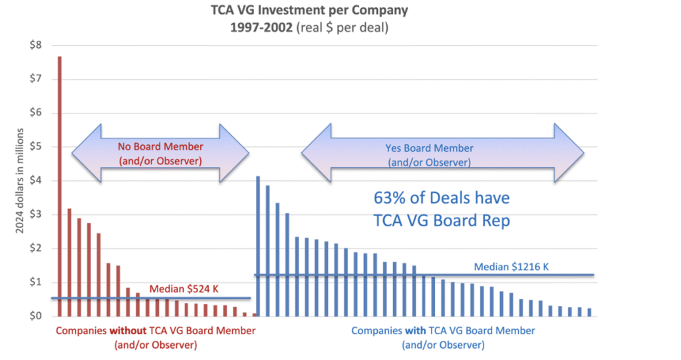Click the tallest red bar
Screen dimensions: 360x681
[x=59, y=186]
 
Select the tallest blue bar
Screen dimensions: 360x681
[x=258, y=246]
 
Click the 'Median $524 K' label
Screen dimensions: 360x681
[x=184, y=289]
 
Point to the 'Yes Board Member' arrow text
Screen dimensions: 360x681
[x=429, y=148]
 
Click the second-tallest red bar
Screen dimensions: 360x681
[x=69, y=263]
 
